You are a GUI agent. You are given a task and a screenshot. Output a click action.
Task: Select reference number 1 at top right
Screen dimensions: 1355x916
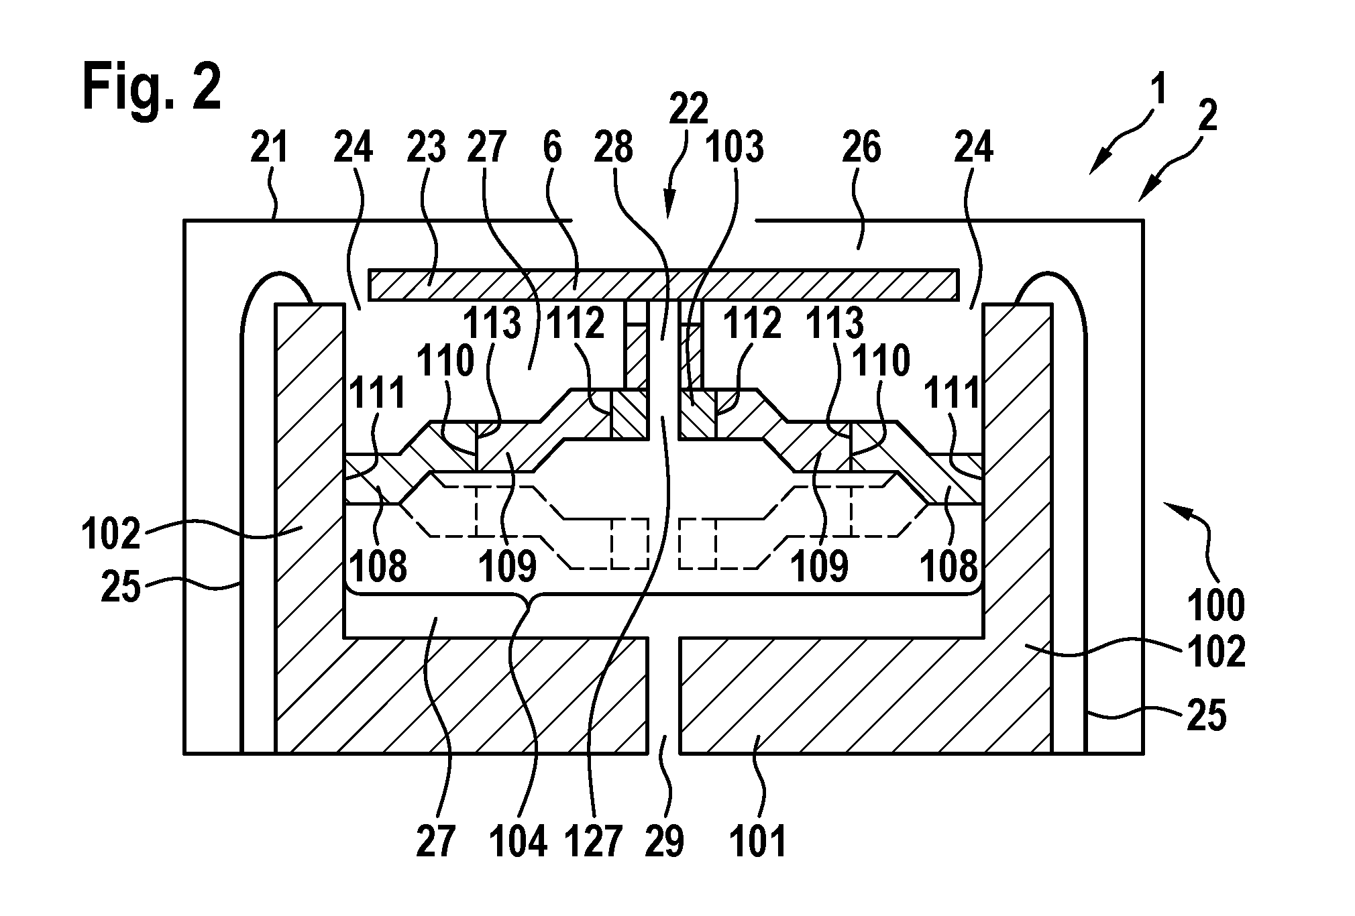pos(1158,92)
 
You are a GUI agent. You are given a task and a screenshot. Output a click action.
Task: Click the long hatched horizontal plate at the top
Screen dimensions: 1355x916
pos(663,284)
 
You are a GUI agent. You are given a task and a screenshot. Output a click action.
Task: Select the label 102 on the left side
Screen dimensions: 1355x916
pos(111,534)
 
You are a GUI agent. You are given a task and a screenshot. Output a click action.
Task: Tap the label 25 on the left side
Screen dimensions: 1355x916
pos(121,588)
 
